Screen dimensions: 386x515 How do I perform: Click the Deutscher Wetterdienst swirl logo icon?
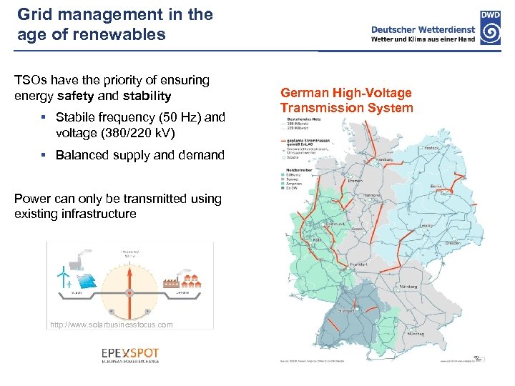pos(490,32)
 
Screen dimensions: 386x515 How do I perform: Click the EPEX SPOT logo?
pos(130,355)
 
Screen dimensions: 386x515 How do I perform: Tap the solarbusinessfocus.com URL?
pos(112,325)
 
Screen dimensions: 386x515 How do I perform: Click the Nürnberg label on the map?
pos(411,287)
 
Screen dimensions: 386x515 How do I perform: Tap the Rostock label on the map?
pos(428,129)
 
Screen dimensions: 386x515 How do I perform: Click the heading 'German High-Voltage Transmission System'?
pos(346,101)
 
